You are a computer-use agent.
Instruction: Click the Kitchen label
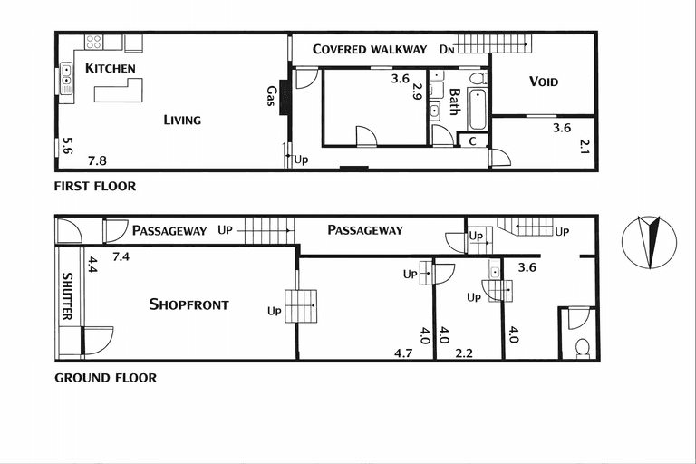[x=110, y=68]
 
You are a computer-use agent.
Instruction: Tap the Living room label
[x=182, y=120]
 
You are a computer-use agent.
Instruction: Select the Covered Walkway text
[x=370, y=49]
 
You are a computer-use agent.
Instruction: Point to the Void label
[x=544, y=82]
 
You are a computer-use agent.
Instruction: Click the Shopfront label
[x=189, y=304]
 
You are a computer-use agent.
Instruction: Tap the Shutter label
[x=67, y=296]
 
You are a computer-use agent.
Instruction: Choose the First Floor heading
[x=95, y=186]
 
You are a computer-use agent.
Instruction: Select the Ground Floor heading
[x=106, y=378]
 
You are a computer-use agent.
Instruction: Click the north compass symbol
[x=650, y=243]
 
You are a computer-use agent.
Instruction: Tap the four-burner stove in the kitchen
[x=93, y=43]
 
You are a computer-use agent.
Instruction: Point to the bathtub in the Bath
[x=478, y=109]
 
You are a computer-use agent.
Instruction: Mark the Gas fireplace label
[x=271, y=95]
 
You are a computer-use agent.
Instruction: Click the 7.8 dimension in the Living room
[x=97, y=160]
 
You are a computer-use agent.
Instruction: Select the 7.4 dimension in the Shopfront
[x=121, y=256]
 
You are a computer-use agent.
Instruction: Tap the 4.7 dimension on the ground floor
[x=403, y=353]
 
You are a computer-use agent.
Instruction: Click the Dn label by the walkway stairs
[x=447, y=49]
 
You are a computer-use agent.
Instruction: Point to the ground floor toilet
[x=583, y=348]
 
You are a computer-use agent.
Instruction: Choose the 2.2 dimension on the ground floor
[x=464, y=353]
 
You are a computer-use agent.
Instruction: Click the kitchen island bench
[x=119, y=91]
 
